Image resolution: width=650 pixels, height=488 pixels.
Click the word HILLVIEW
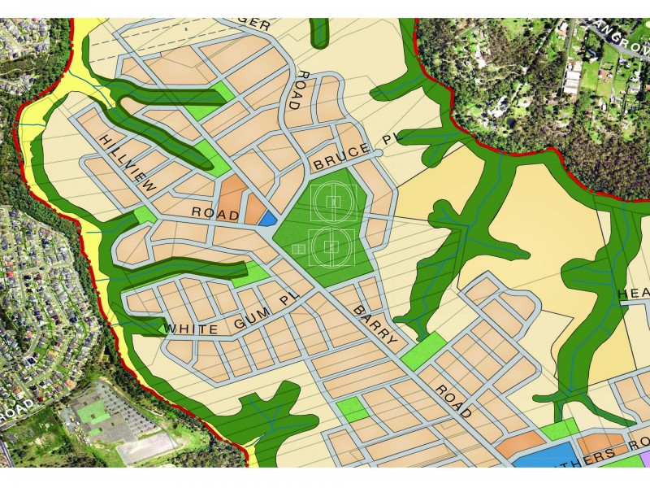(x=127, y=163)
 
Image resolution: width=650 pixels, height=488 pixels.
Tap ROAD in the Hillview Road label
(x=215, y=215)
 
